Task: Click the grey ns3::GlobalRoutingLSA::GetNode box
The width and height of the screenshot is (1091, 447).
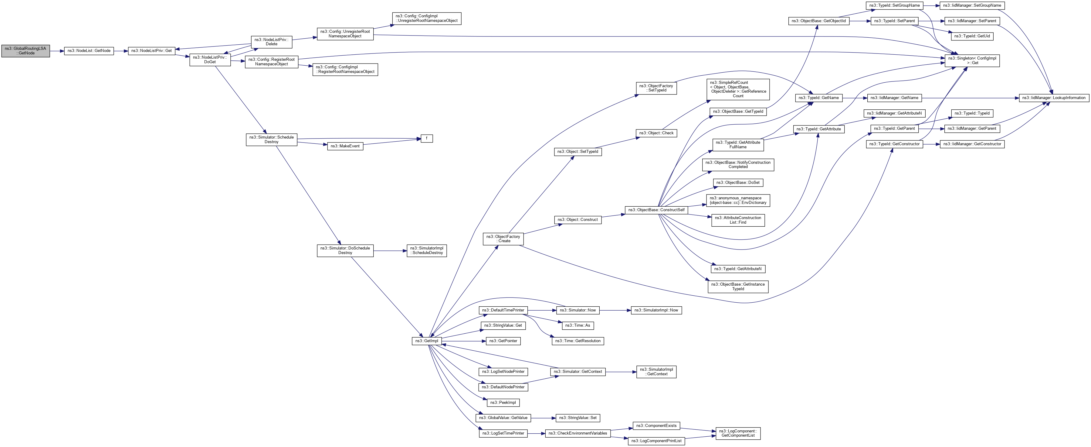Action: tap(25, 51)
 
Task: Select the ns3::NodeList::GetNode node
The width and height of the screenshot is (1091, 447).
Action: tap(89, 51)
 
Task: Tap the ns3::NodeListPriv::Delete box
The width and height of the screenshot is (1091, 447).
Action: tap(272, 42)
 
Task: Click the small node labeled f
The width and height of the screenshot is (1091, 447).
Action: tap(426, 138)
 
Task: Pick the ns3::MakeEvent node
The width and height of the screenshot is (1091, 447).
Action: tap(345, 146)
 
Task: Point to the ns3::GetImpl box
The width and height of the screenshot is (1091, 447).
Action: tap(426, 341)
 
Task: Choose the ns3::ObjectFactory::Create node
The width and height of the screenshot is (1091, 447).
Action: tap(503, 239)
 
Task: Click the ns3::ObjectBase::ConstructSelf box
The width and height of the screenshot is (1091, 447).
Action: tap(656, 210)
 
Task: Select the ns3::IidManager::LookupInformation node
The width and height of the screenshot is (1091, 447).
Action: tap(1054, 98)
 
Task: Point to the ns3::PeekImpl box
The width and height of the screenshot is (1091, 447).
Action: tap(503, 402)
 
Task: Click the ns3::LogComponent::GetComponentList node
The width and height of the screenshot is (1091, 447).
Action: tap(738, 433)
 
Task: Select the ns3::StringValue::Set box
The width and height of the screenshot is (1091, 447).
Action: tap(578, 418)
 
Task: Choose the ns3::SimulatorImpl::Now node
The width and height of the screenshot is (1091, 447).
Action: tap(656, 310)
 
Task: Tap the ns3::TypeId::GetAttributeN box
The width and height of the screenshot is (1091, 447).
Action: tap(738, 269)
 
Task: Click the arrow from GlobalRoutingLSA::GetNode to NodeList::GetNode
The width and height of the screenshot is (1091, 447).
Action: tap(57, 51)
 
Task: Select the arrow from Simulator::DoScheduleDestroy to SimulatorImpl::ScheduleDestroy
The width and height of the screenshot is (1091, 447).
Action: tap(390, 251)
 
